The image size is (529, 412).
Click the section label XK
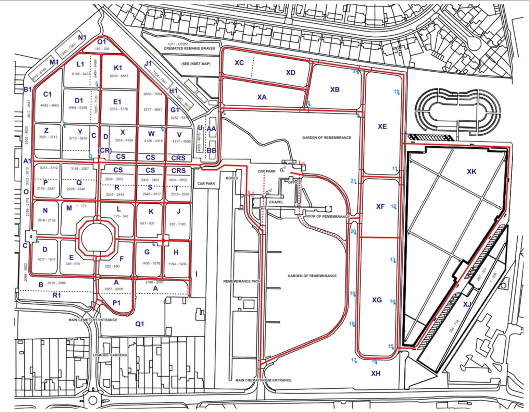coord(471,171)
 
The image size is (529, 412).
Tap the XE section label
coord(382,126)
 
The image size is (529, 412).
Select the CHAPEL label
coord(276,202)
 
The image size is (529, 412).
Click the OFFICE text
coord(294,183)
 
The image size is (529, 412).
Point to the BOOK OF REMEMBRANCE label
coord(327,217)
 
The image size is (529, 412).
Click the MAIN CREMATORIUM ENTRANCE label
coord(263,380)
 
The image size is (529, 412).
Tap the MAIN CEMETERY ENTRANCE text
coord(93,320)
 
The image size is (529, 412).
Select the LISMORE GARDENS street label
coord(110,355)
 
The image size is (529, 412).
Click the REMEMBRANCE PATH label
coord(242,281)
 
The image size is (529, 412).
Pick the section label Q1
coord(139,324)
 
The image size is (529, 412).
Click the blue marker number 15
coord(391,346)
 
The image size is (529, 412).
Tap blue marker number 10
coord(396,92)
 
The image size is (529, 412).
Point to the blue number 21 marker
coord(353,181)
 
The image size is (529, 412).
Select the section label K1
coord(118,68)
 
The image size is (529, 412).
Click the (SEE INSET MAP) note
coord(196,64)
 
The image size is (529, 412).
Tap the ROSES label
coord(231,178)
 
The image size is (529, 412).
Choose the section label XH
coord(376,373)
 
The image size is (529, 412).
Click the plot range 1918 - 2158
coord(45,220)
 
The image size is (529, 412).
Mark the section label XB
coord(335,89)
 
